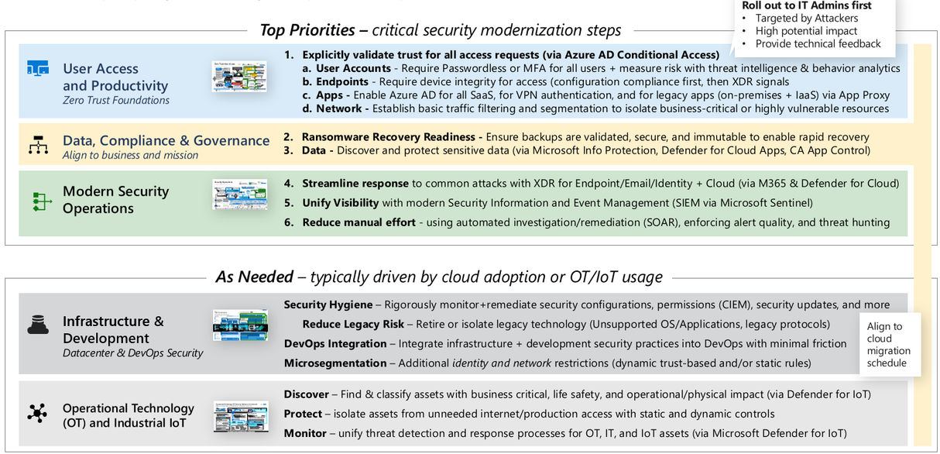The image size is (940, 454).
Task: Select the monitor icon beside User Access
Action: pyautogui.click(x=37, y=69)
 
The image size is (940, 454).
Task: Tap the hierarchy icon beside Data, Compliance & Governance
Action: pyautogui.click(x=37, y=145)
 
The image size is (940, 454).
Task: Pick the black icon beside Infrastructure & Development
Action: pyautogui.click(x=37, y=325)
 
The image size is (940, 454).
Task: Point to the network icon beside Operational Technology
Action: pyautogui.click(x=36, y=412)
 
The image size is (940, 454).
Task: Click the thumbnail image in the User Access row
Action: pyautogui.click(x=239, y=77)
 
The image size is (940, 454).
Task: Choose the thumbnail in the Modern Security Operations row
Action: pyautogui.click(x=239, y=194)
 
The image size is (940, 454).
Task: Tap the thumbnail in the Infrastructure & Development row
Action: pyautogui.click(x=240, y=325)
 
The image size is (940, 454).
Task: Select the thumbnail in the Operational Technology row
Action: pyautogui.click(x=240, y=416)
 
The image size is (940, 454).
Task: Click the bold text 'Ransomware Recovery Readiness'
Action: pyautogui.click(x=392, y=136)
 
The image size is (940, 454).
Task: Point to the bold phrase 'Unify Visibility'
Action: pyautogui.click(x=340, y=203)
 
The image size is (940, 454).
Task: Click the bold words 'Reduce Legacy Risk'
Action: pyautogui.click(x=352, y=324)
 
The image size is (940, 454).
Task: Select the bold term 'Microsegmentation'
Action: pyautogui.click(x=334, y=363)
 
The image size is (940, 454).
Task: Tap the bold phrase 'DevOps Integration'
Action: pyautogui.click(x=334, y=343)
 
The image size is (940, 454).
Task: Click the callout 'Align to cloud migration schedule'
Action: pyautogui.click(x=889, y=345)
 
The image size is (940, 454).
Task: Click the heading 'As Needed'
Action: pyautogui.click(x=254, y=277)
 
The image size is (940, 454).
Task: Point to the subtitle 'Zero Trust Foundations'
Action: pyautogui.click(x=116, y=100)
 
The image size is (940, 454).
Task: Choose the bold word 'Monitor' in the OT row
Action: pyautogui.click(x=305, y=433)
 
